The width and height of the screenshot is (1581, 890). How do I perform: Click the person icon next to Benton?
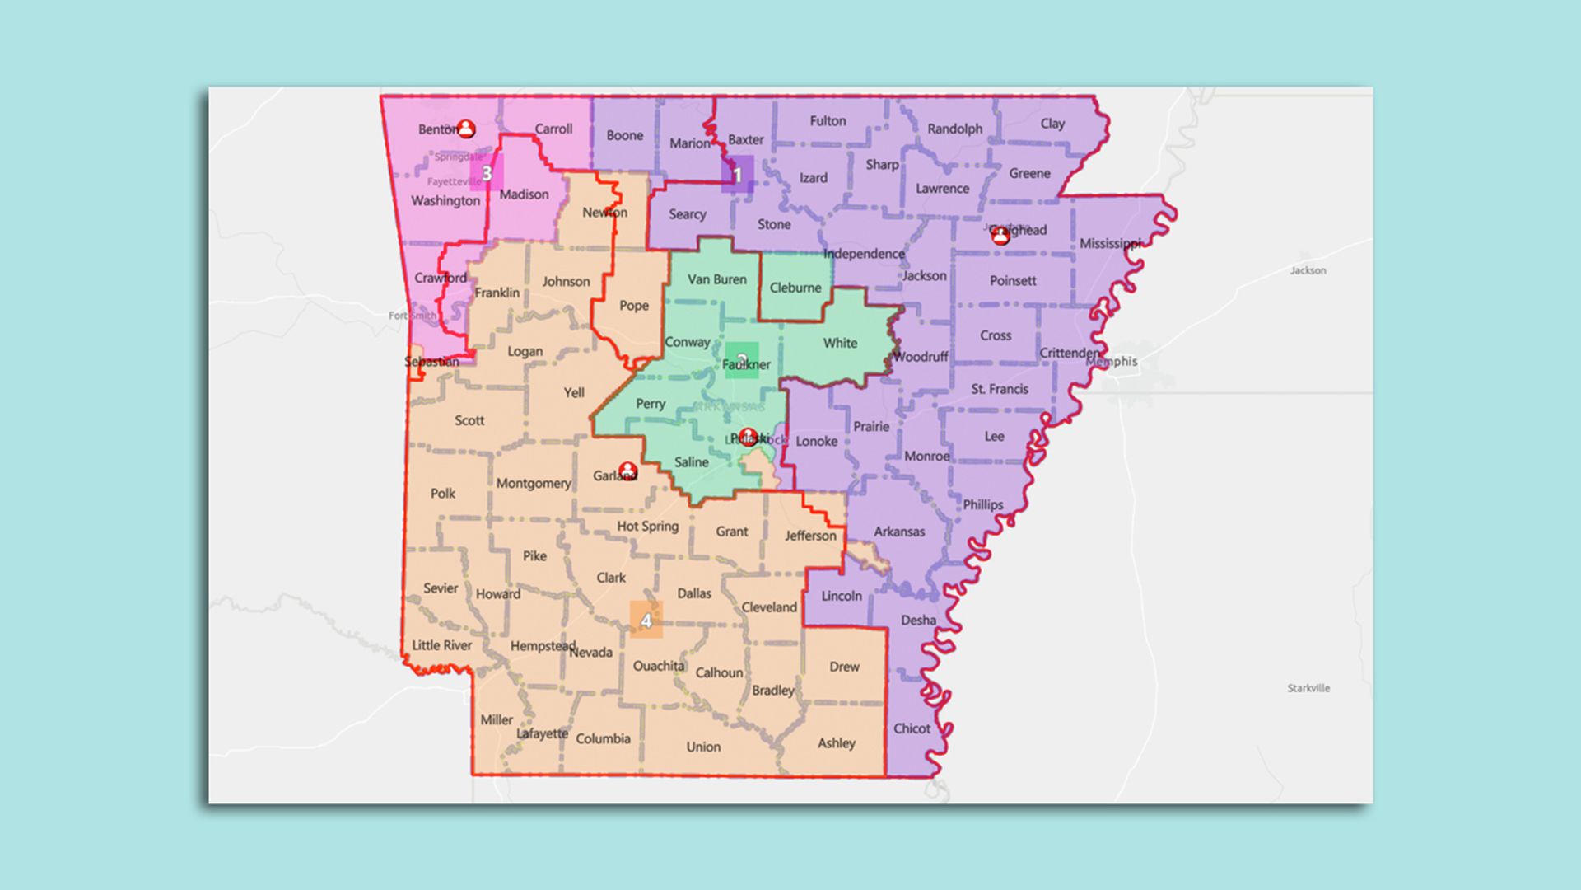tap(466, 129)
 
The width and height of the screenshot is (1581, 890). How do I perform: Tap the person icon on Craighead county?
tap(1000, 237)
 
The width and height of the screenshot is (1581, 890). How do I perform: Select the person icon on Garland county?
tap(627, 471)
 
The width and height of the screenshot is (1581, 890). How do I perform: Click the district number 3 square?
tap(487, 173)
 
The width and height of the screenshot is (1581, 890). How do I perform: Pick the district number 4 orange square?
tap(646, 620)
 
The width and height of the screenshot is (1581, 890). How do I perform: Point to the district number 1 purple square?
tap(737, 175)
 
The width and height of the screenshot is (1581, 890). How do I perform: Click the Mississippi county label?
tap(1110, 243)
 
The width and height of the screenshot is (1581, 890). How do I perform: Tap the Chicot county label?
tap(912, 728)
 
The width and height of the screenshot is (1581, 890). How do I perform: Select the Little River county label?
tap(442, 645)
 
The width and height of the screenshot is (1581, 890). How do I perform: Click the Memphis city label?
tap(1112, 362)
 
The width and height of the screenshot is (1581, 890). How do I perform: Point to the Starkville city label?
tap(1308, 688)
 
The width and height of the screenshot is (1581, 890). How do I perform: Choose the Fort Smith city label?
tap(413, 316)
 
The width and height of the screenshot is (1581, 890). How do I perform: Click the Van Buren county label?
tap(717, 279)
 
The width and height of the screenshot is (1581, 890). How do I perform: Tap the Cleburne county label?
tap(795, 288)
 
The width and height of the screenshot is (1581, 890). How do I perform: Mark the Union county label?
tap(703, 747)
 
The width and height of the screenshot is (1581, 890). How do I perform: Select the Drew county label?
tap(844, 667)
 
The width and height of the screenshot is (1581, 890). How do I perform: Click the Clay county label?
tap(1052, 124)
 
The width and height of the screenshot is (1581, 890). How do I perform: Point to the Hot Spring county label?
tap(648, 526)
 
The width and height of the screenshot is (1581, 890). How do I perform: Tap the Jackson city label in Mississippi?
tap(1308, 270)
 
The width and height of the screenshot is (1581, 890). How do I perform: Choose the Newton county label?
tap(604, 213)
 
